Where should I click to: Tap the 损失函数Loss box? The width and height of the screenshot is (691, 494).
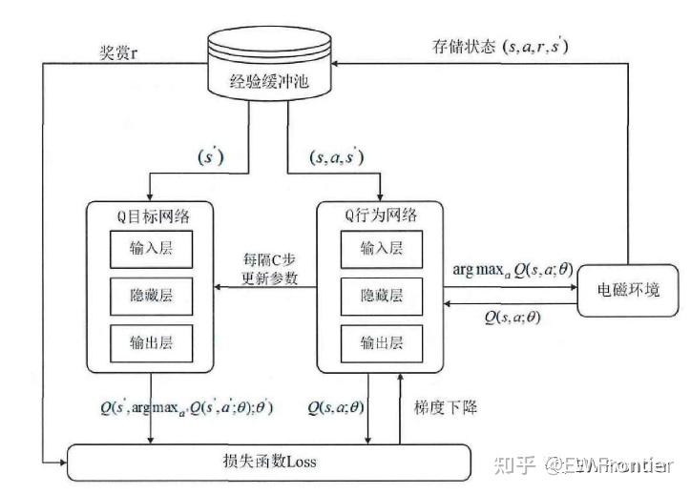tap(272, 463)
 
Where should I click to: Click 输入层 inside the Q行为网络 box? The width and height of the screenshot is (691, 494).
tap(381, 248)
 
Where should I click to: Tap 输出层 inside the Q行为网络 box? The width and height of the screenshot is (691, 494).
tap(381, 340)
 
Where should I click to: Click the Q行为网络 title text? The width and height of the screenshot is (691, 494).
tap(381, 214)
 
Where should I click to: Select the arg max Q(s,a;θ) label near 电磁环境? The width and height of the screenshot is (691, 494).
tap(513, 270)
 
